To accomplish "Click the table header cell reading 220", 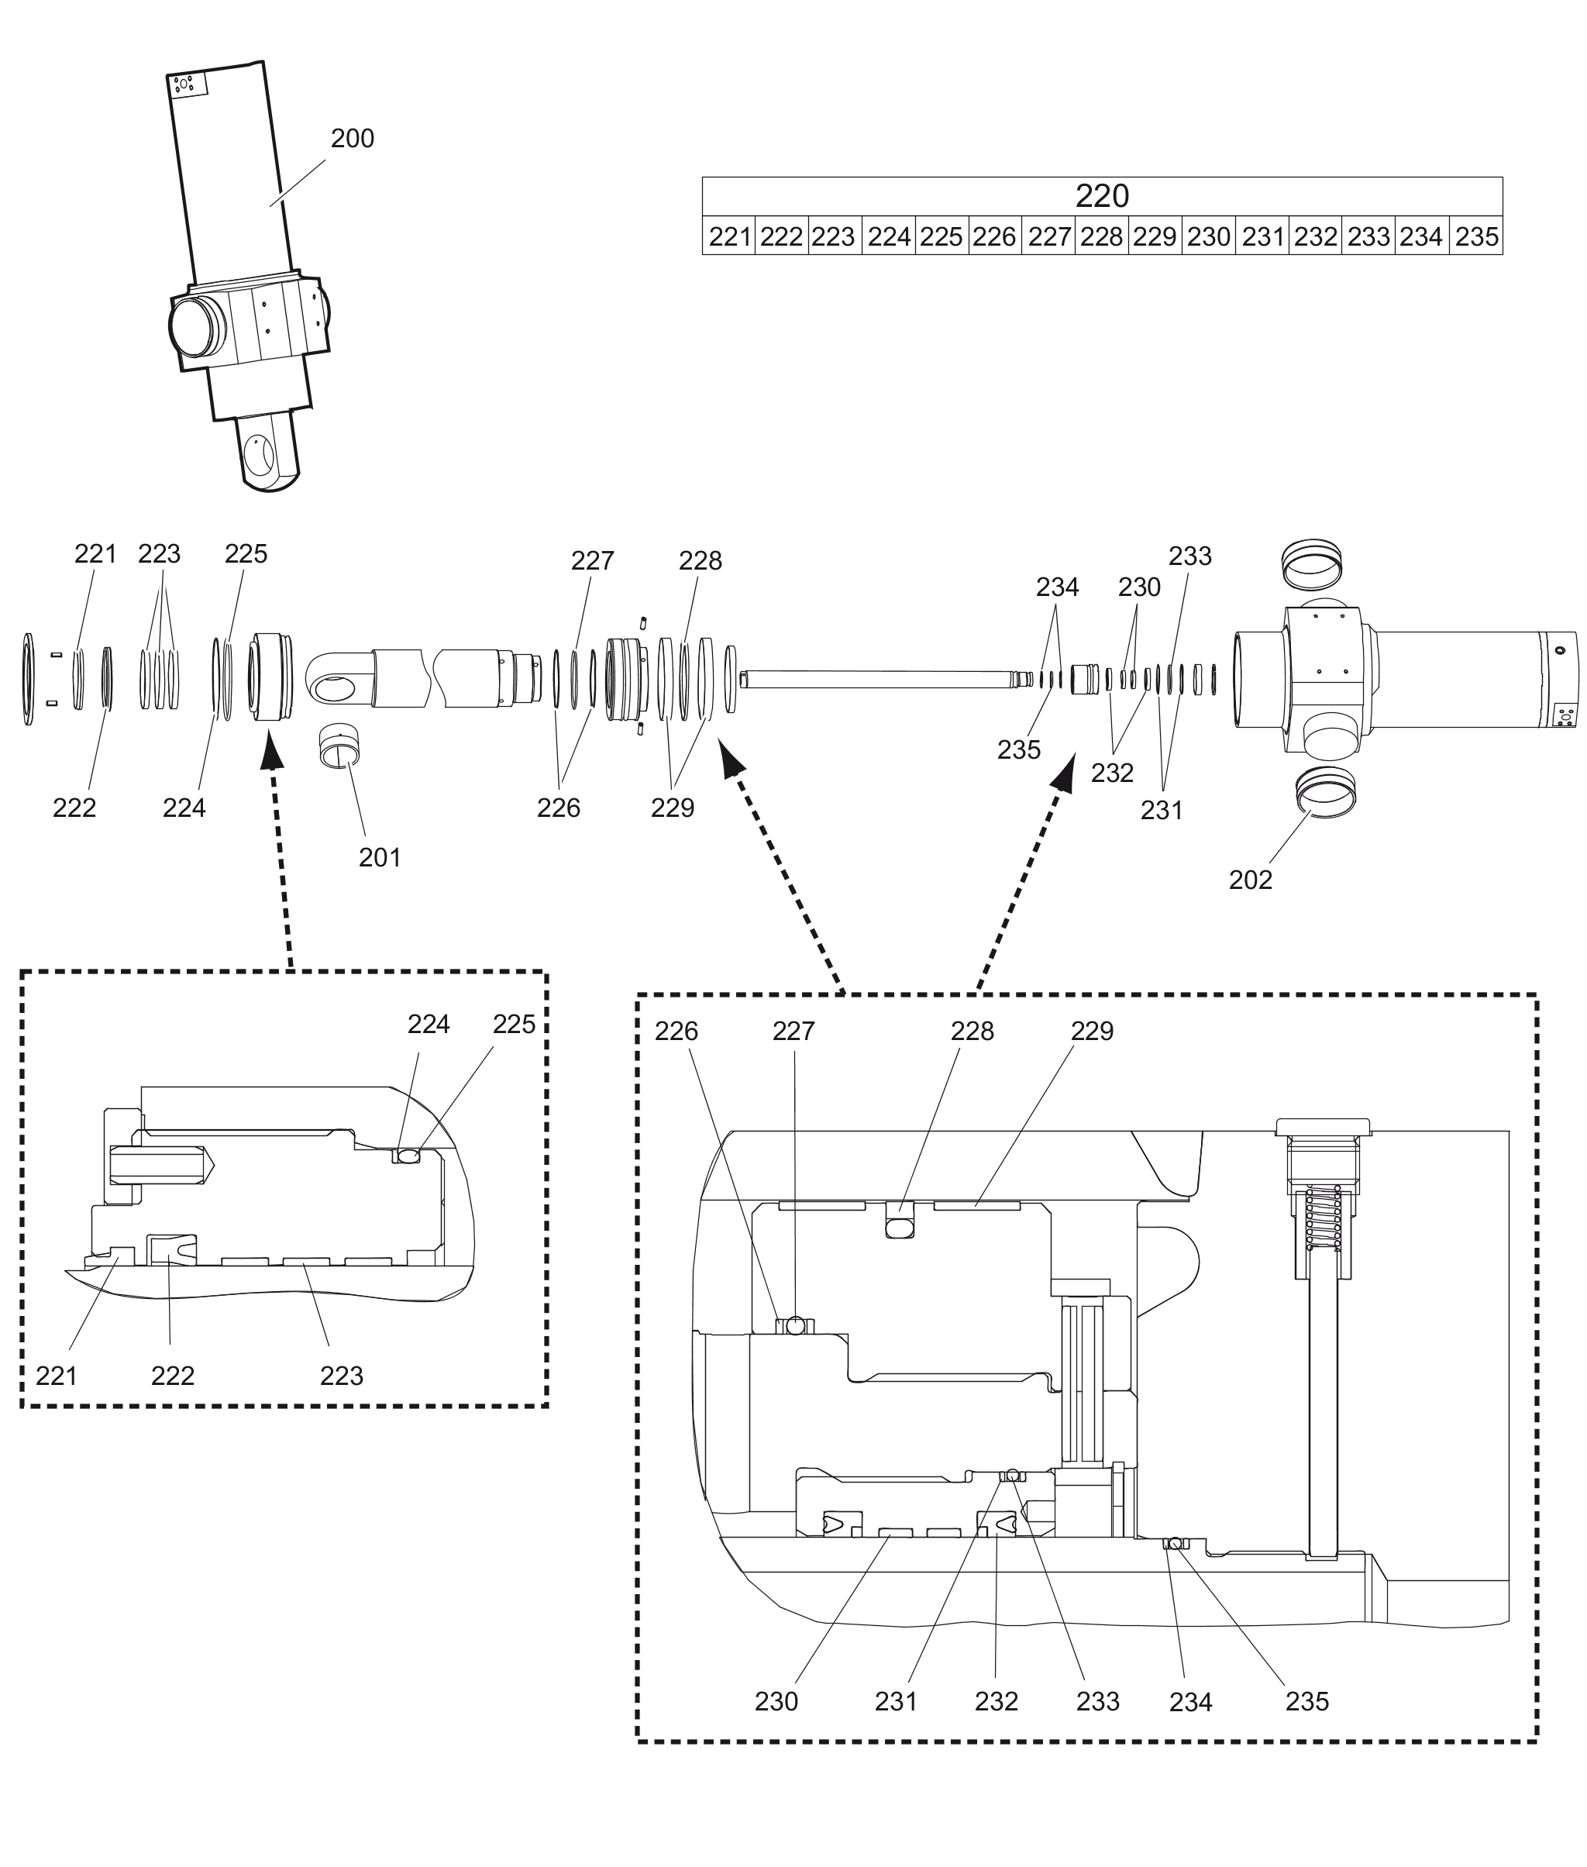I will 1101,195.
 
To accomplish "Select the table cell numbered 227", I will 1048,236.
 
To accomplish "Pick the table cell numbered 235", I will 1475,236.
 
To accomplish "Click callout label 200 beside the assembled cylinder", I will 352,139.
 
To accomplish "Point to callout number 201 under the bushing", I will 380,857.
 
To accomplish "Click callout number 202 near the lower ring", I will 1250,880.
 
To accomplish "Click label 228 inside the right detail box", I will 972,1031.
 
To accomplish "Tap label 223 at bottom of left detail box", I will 341,1376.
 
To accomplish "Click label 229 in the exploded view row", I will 672,808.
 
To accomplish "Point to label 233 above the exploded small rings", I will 1189,556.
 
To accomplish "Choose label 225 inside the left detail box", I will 514,1024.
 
